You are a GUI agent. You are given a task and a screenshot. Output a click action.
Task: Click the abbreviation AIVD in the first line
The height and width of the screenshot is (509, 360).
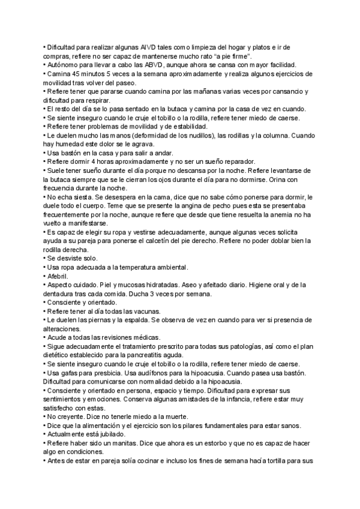[148, 47]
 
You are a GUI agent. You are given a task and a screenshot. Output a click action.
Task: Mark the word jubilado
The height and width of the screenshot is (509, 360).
[108, 434]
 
